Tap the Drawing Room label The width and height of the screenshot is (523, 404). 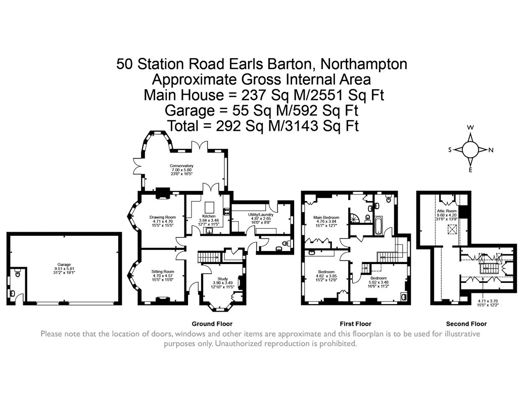[x=162, y=217]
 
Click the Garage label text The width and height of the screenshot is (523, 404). [x=64, y=264]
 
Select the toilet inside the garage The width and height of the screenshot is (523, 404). [x=18, y=275]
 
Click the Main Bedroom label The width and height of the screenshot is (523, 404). [x=326, y=217]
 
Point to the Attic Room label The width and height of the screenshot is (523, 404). [x=447, y=211]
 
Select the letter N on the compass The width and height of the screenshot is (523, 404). [x=491, y=150]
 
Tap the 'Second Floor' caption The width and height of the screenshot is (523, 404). [x=466, y=324]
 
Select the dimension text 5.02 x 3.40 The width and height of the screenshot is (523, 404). [x=378, y=282]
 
